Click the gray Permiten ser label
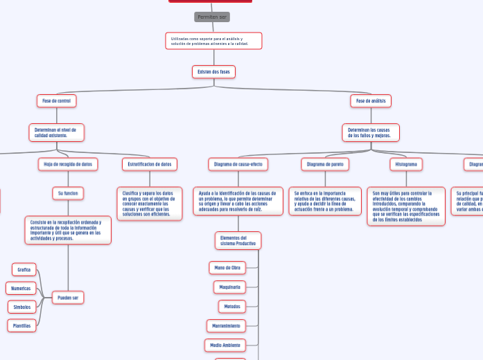tap(212, 17)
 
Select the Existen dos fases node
tap(213, 71)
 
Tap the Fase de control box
tap(56, 100)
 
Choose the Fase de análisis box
tap(371, 100)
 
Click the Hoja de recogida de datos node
tap(68, 164)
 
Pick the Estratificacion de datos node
tap(150, 164)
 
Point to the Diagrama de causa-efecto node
tap(238, 164)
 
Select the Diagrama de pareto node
tap(325, 164)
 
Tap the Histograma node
tap(406, 164)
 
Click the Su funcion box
tap(68, 193)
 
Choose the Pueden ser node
tap(68, 298)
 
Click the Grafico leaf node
tap(24, 269)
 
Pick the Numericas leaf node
tap(21, 288)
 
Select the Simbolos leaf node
tap(22, 307)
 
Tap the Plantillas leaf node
tap(22, 325)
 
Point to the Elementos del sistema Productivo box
tap(238, 240)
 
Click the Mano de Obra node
tap(227, 267)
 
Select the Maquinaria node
tap(229, 287)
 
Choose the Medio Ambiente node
tap(225, 345)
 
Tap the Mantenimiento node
tap(227, 325)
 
